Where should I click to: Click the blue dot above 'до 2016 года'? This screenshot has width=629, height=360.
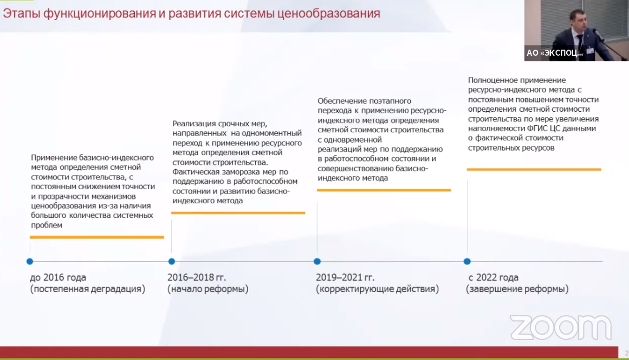30,261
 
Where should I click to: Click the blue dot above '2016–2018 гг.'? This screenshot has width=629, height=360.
172,261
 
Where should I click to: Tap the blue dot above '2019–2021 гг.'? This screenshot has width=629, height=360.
317,261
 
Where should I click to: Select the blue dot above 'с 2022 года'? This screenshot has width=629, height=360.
467,261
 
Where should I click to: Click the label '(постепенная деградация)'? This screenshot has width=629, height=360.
88,289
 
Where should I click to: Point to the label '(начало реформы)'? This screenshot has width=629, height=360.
208,289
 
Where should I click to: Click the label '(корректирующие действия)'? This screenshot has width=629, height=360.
377,289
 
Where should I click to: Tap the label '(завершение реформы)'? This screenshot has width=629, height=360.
517,289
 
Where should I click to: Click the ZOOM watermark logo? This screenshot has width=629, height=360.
561,327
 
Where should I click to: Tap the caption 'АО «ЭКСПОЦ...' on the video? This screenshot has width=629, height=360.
555,53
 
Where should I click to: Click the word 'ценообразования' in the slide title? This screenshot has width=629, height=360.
328,13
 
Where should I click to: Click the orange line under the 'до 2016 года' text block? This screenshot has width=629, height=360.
97,237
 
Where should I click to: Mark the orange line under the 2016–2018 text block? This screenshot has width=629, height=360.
238,213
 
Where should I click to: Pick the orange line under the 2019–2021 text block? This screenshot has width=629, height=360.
384,190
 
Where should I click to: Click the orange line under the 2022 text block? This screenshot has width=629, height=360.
534,170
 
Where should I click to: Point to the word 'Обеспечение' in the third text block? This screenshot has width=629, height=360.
341,101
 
